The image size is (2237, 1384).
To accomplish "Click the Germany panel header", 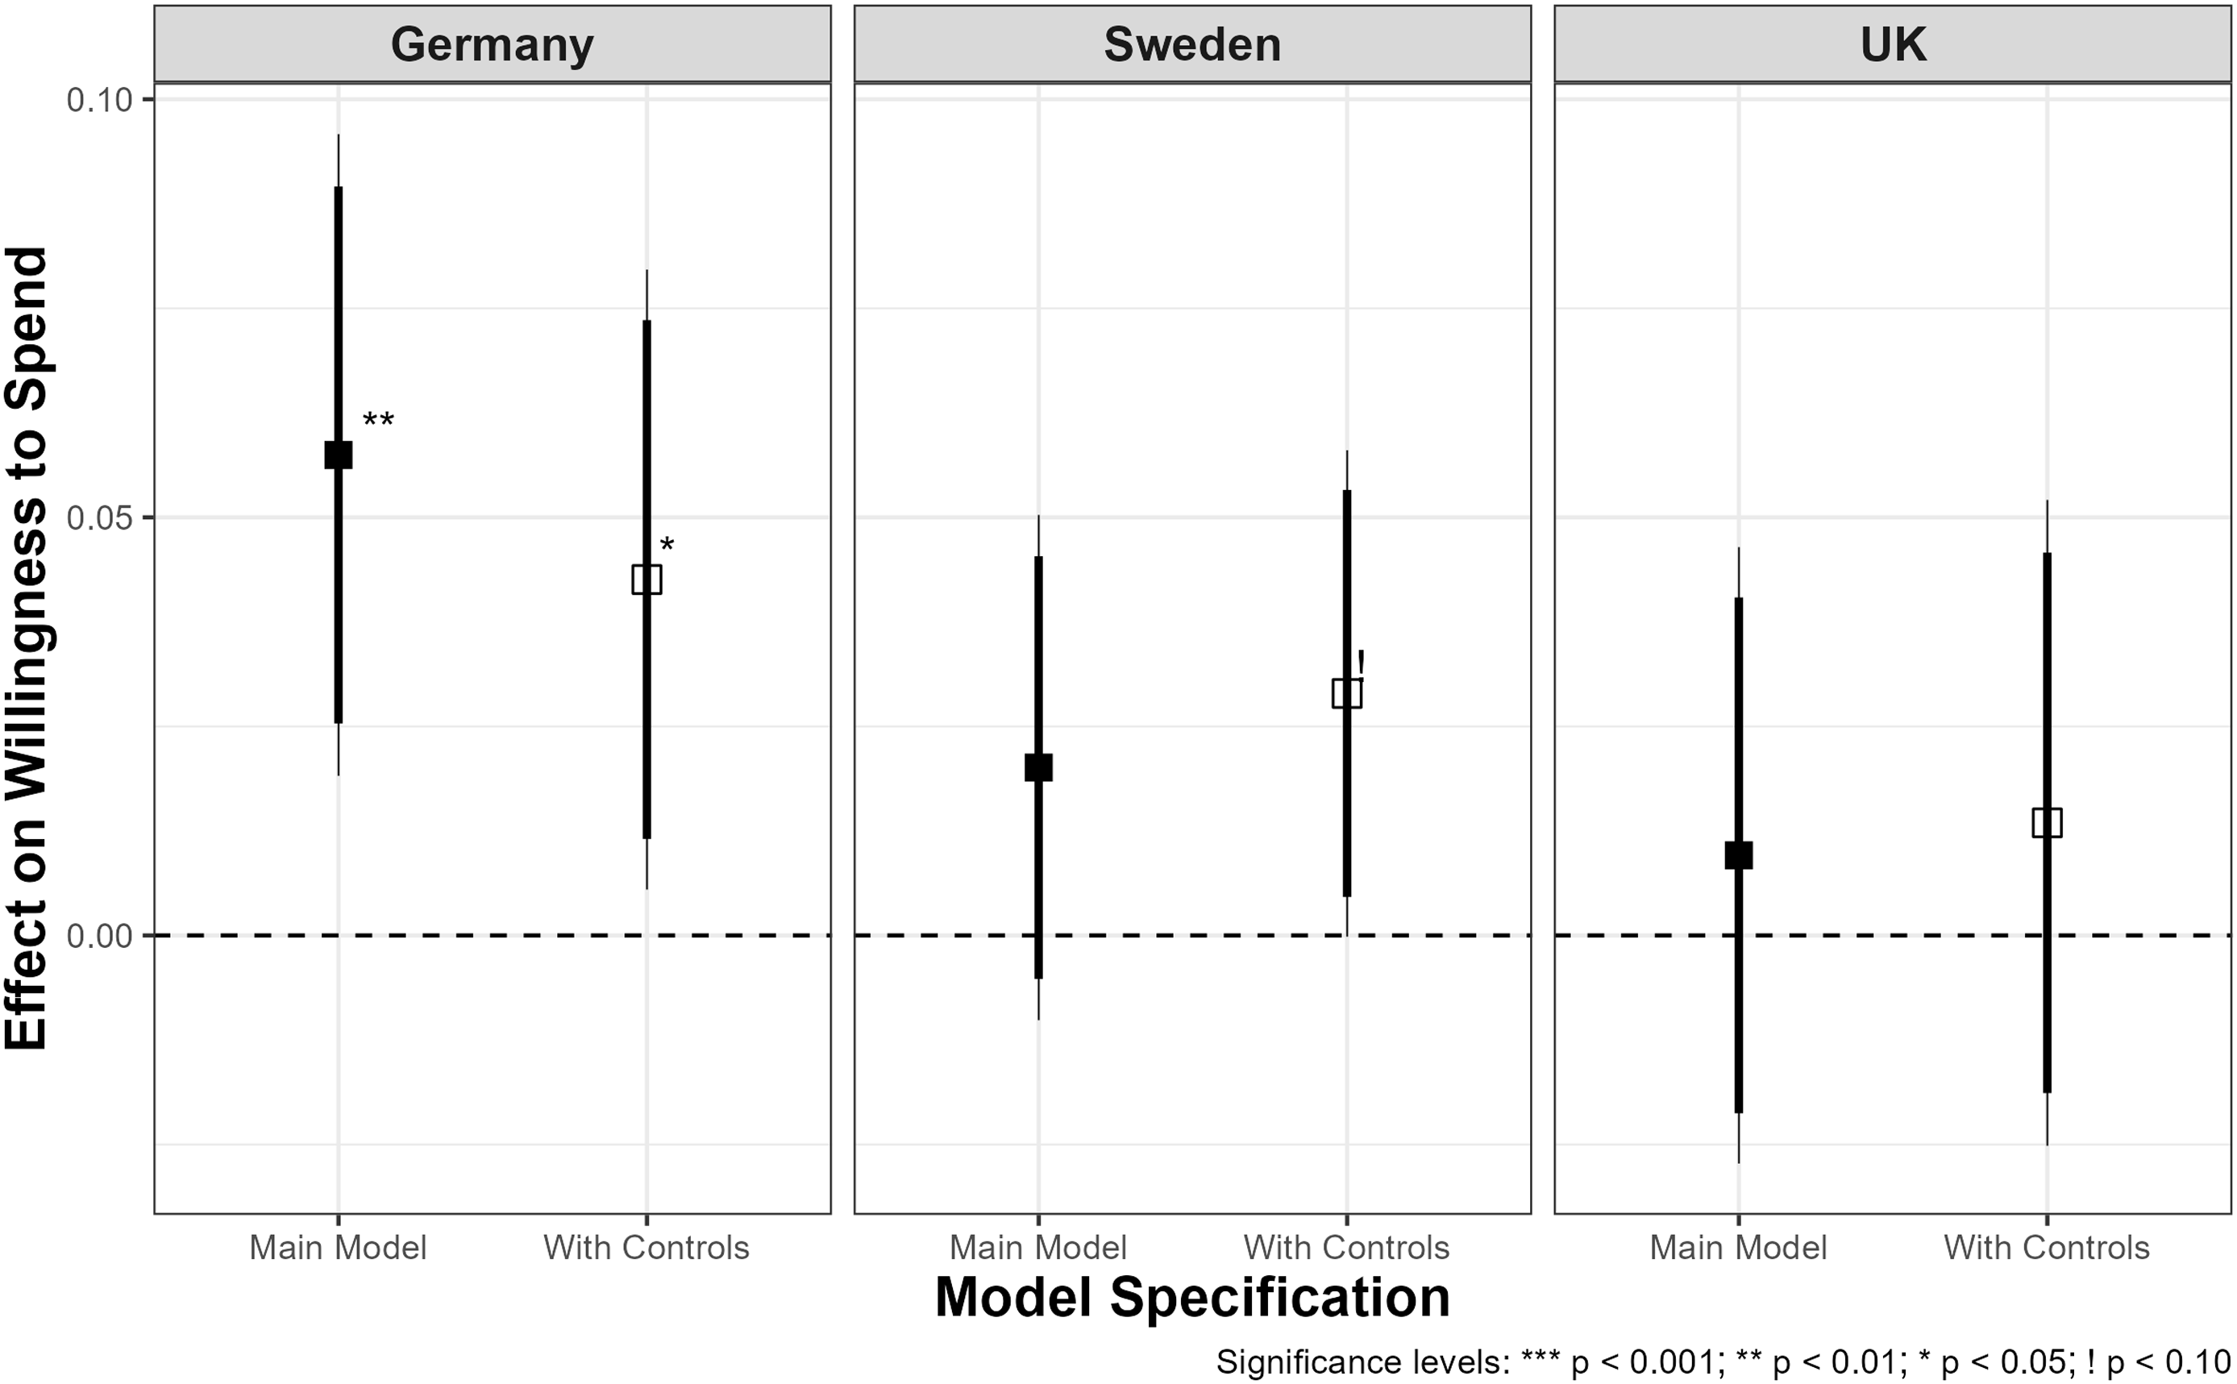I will pyautogui.click(x=493, y=44).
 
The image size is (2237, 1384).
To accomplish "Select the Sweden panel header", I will pyautogui.click(x=1191, y=44).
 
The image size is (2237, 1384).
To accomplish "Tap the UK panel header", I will pyautogui.click(x=1892, y=44).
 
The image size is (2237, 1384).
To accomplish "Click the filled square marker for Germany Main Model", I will pyautogui.click(x=339, y=454).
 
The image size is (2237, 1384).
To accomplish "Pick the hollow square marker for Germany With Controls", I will pyautogui.click(x=647, y=580).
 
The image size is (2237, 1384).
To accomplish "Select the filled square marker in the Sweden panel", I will pyautogui.click(x=1038, y=767).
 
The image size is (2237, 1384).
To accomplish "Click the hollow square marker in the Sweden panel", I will pyautogui.click(x=1346, y=693).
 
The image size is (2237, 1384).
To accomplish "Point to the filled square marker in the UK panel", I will pyautogui.click(x=1738, y=855).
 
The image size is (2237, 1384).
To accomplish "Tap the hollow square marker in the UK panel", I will pyautogui.click(x=2047, y=823).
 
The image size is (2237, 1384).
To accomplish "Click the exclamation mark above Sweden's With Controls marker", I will pyautogui.click(x=1361, y=663).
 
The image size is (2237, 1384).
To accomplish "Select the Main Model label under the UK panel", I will pyautogui.click(x=1738, y=1248).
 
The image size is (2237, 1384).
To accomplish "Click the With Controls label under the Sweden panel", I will pyautogui.click(x=1346, y=1248).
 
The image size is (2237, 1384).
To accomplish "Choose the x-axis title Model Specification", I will pyautogui.click(x=1191, y=1298).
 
